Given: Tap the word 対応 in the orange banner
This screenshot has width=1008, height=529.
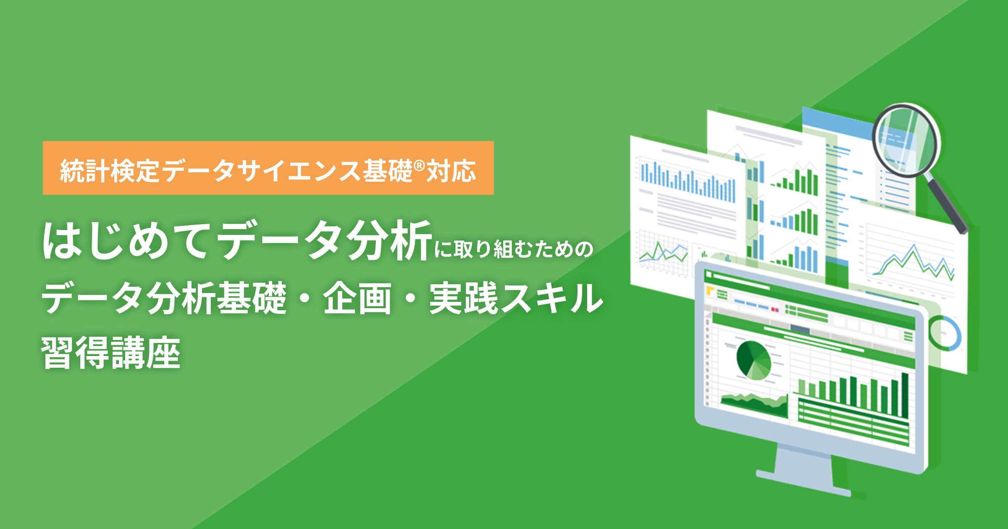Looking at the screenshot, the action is coord(451,171).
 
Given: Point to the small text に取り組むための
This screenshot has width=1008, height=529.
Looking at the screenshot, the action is coord(513,249).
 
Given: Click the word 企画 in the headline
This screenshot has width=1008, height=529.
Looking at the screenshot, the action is coord(357,299).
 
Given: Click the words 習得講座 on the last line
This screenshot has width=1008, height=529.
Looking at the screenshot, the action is coord(111,353).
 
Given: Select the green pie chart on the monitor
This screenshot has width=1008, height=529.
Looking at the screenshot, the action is coord(754,360).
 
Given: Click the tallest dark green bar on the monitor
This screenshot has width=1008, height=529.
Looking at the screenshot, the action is coord(905,395).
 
